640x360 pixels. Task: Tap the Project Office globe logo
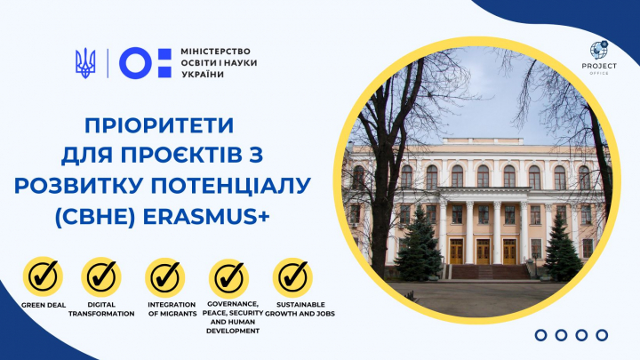point(599,51)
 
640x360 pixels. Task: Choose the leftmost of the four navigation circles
point(541,334)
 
